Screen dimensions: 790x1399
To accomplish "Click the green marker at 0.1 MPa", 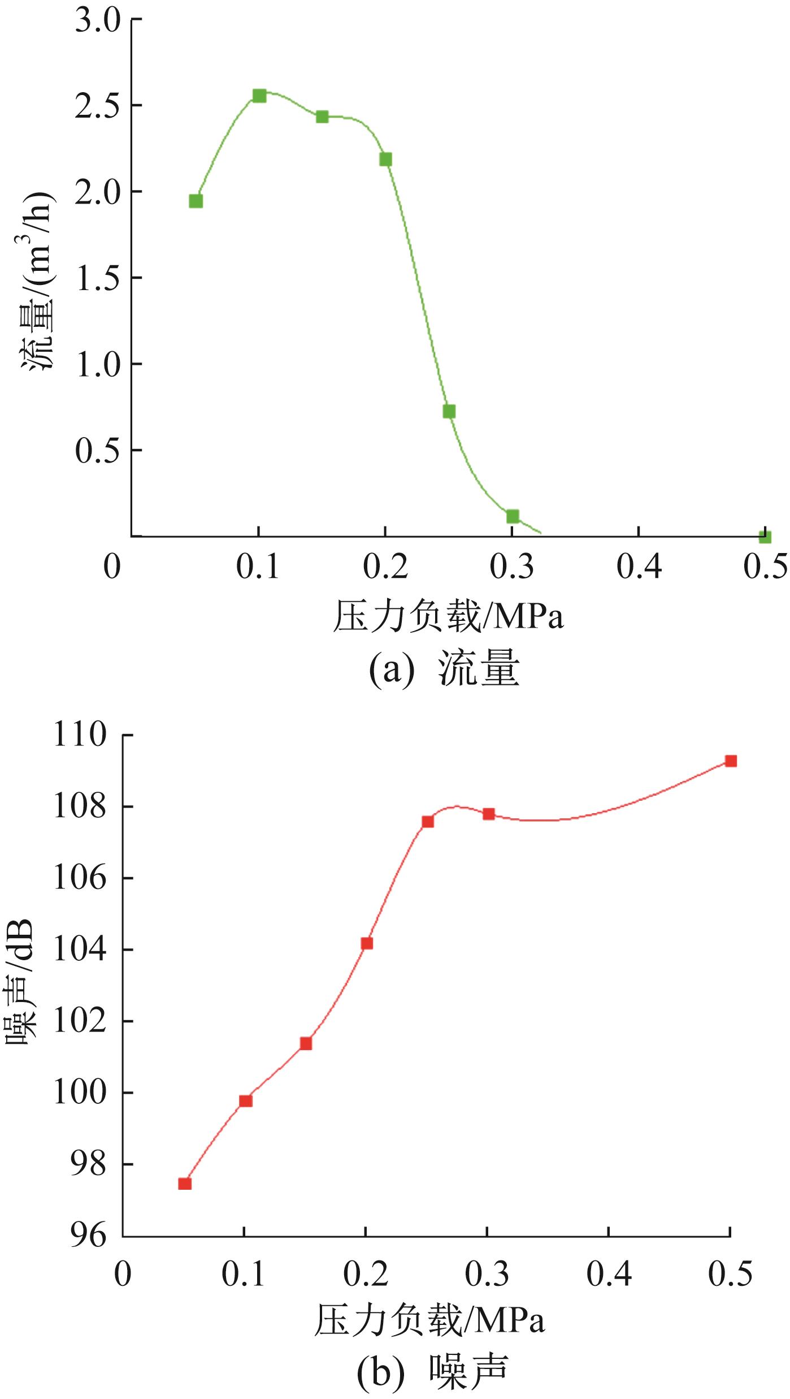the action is click(x=259, y=96).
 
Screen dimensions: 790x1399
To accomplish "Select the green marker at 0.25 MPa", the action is click(x=449, y=411).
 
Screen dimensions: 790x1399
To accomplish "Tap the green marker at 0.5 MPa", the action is click(x=765, y=537).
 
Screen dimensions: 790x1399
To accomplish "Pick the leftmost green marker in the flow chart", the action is click(x=196, y=201).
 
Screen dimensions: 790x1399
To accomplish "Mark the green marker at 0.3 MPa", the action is click(x=513, y=516).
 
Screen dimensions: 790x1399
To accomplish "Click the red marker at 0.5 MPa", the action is click(x=731, y=761).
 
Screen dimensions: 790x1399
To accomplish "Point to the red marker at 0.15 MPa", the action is click(x=306, y=1043).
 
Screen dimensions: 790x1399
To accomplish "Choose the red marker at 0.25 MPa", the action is click(x=428, y=822).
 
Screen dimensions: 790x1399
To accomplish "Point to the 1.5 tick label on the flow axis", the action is click(x=98, y=278).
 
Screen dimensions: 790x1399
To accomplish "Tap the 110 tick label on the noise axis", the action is click(x=80, y=735).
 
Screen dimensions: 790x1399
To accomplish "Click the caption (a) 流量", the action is click(x=444, y=670).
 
